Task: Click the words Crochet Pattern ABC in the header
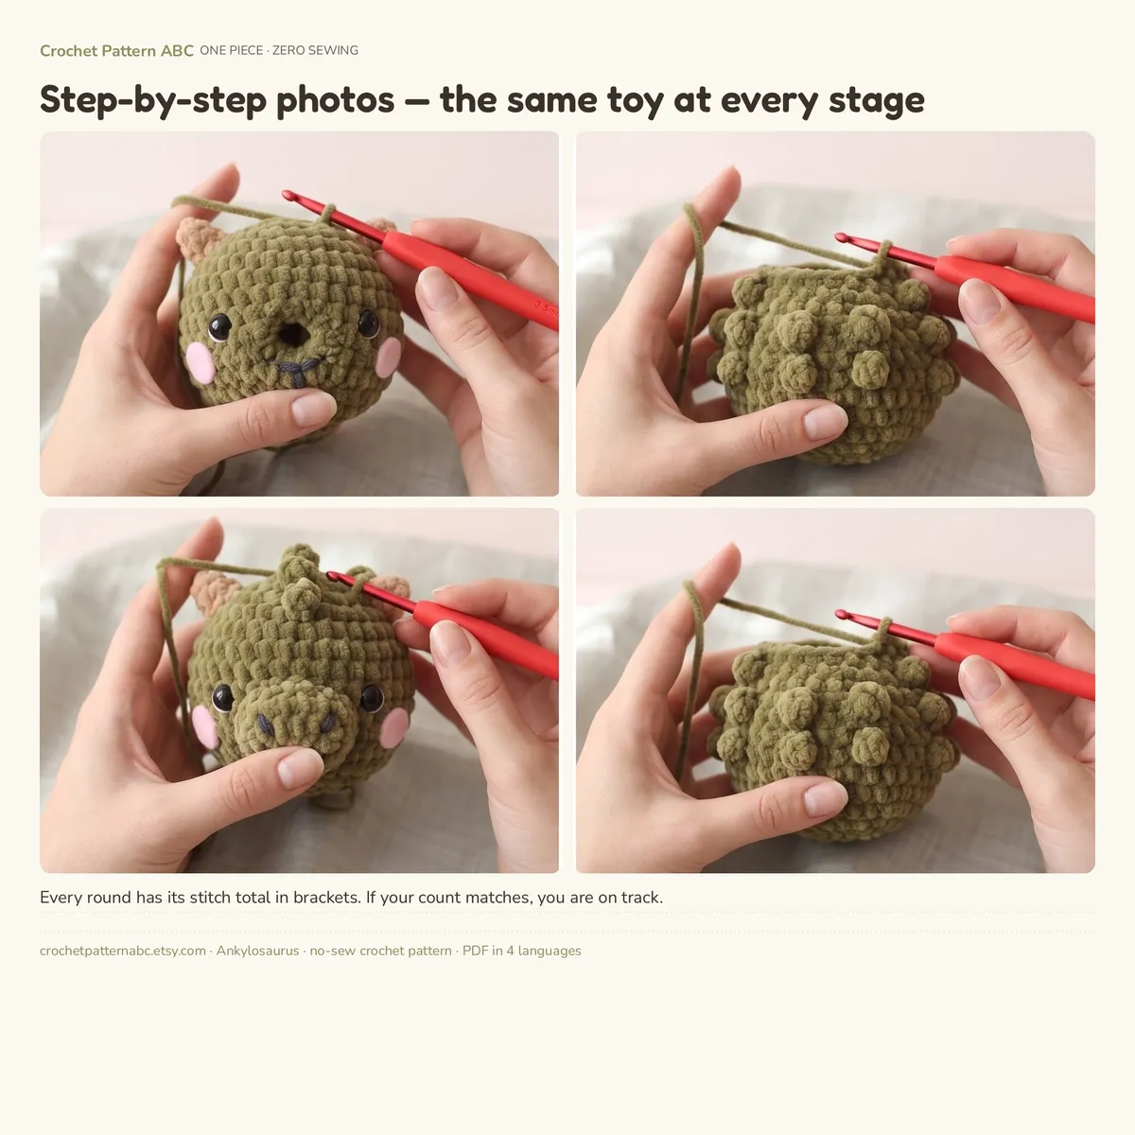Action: point(116,51)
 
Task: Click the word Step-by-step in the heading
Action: point(153,100)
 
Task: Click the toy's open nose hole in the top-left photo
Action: point(293,335)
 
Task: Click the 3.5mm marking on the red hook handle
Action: point(546,308)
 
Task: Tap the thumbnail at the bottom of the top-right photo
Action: point(825,422)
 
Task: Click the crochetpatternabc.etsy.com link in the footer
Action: point(123,951)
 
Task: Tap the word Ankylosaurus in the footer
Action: point(257,951)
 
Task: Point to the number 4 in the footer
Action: point(510,951)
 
